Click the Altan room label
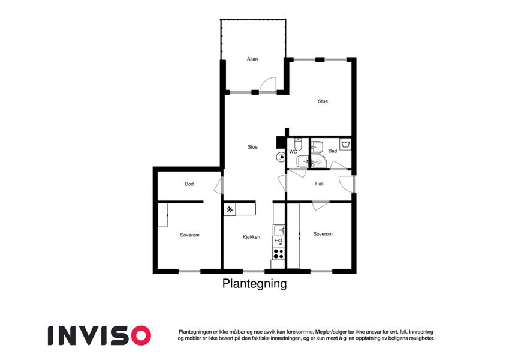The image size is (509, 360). (x=252, y=59)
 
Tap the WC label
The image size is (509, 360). (x=293, y=152)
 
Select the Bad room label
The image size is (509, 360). (x=332, y=151)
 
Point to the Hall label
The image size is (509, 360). (x=319, y=184)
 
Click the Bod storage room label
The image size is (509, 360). (x=189, y=184)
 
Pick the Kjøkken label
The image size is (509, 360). (x=251, y=237)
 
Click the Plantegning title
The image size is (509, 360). (x=254, y=284)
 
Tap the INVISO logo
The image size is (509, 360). (x=100, y=335)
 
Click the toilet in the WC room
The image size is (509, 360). (x=298, y=144)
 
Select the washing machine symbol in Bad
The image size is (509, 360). (x=345, y=144)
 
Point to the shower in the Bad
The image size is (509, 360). (x=319, y=161)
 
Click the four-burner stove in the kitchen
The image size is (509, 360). (x=279, y=253)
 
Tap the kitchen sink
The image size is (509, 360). (x=279, y=230)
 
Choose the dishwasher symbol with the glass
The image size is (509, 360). (x=279, y=241)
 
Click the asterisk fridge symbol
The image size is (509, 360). (x=230, y=209)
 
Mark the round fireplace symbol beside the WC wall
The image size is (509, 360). (x=281, y=157)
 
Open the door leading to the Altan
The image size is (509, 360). (x=268, y=85)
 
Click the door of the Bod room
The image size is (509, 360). (x=219, y=186)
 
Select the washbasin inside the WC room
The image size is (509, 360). (x=303, y=161)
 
